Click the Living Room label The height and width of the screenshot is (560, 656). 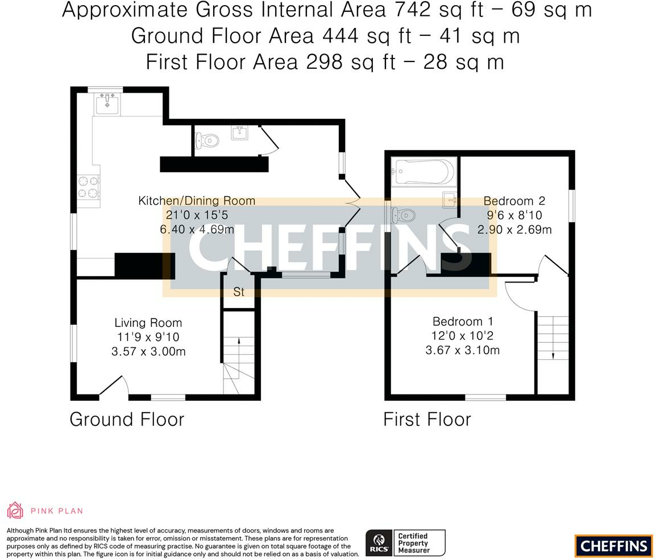pos(148,323)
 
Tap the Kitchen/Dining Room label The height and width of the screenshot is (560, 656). pos(197,201)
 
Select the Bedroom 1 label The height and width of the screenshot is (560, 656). pos(463,321)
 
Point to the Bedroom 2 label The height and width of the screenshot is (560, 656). pos(514,201)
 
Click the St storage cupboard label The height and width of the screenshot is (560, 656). pos(239,292)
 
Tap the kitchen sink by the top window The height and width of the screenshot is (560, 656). pos(107,103)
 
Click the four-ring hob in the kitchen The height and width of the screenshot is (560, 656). pos(89,187)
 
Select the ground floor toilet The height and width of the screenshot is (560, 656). pos(207,140)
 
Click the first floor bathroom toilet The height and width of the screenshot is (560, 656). pos(403,215)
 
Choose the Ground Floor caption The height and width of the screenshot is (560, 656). pos(127,420)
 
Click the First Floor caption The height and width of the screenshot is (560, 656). pos(427,420)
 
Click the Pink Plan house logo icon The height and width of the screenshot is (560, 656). pos(15,510)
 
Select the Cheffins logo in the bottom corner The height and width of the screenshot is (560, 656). pos(614,546)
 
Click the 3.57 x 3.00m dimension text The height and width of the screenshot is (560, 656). pos(148,351)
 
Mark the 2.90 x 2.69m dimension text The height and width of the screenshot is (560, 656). pos(514,229)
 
